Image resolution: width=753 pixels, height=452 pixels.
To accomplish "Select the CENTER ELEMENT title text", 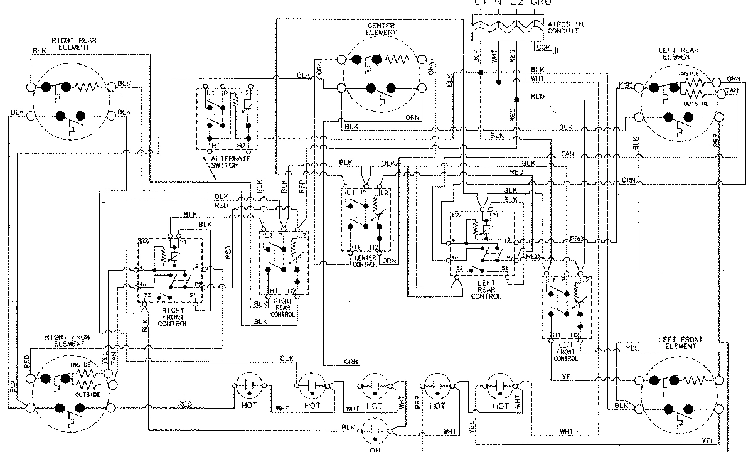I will pos(381,28).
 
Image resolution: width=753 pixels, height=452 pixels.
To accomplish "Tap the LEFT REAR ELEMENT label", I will pos(678,53).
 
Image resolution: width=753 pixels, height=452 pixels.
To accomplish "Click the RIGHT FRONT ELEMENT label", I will pos(70,340).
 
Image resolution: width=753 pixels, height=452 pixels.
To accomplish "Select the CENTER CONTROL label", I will pos(365,261).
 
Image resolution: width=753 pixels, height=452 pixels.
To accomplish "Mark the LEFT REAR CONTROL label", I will pos(486,290).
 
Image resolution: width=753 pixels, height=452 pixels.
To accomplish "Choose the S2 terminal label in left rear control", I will pos(459,268).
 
